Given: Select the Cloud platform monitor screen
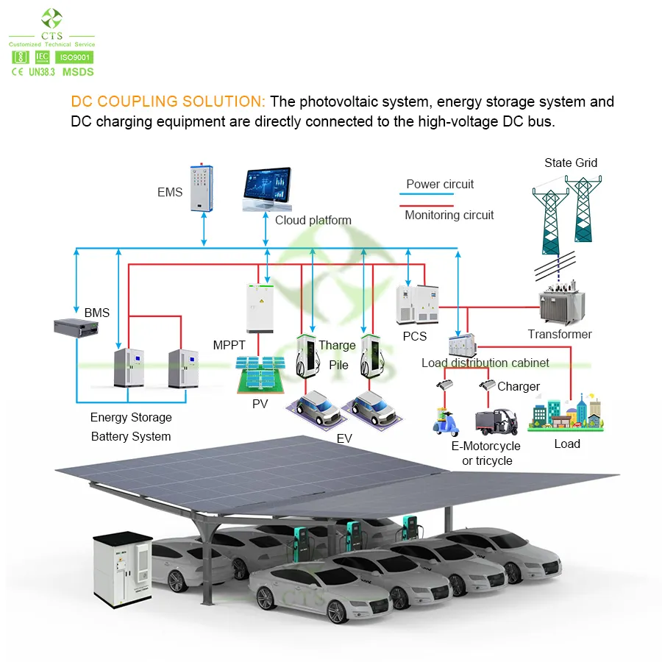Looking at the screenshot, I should pos(266,188).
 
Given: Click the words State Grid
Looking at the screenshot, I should pos(571,163).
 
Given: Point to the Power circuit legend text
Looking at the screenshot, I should pos(440,184).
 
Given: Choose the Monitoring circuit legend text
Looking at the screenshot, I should pos(449,216).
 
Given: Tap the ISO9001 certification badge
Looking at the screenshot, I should pos(74,57).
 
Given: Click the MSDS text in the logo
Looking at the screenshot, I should pos(78,72).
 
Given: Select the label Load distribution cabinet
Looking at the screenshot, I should pos(485,363).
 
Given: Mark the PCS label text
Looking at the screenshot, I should pos(415,336).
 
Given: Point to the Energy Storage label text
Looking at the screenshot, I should pos(131,417).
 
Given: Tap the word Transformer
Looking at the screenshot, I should pos(560,334).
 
